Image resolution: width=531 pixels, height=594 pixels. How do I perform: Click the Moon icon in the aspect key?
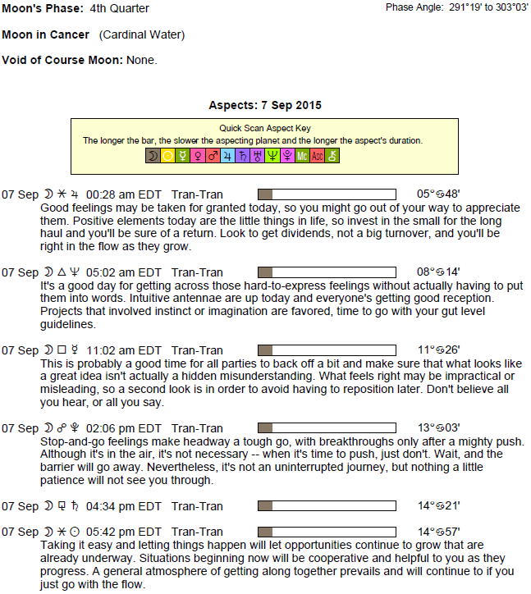tap(152, 156)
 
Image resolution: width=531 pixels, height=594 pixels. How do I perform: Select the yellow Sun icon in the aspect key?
tap(167, 156)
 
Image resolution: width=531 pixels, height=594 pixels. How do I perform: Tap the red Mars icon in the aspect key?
tap(212, 156)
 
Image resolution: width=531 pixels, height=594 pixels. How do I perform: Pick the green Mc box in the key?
tap(301, 156)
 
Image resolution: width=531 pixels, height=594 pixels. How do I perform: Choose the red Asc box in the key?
tap(317, 156)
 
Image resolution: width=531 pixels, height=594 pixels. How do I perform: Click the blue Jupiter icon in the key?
tap(227, 156)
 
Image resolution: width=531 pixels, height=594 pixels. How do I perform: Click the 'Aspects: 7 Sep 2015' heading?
tap(265, 106)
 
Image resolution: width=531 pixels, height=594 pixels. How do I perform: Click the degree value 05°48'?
tap(437, 194)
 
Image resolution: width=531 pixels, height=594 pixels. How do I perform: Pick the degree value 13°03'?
tap(437, 428)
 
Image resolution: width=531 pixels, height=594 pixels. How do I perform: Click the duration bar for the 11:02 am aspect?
tap(326, 350)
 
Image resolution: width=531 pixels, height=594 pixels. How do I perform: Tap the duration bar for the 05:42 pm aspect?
tap(326, 532)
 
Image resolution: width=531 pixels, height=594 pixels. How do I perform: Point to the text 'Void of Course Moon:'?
tap(62, 61)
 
